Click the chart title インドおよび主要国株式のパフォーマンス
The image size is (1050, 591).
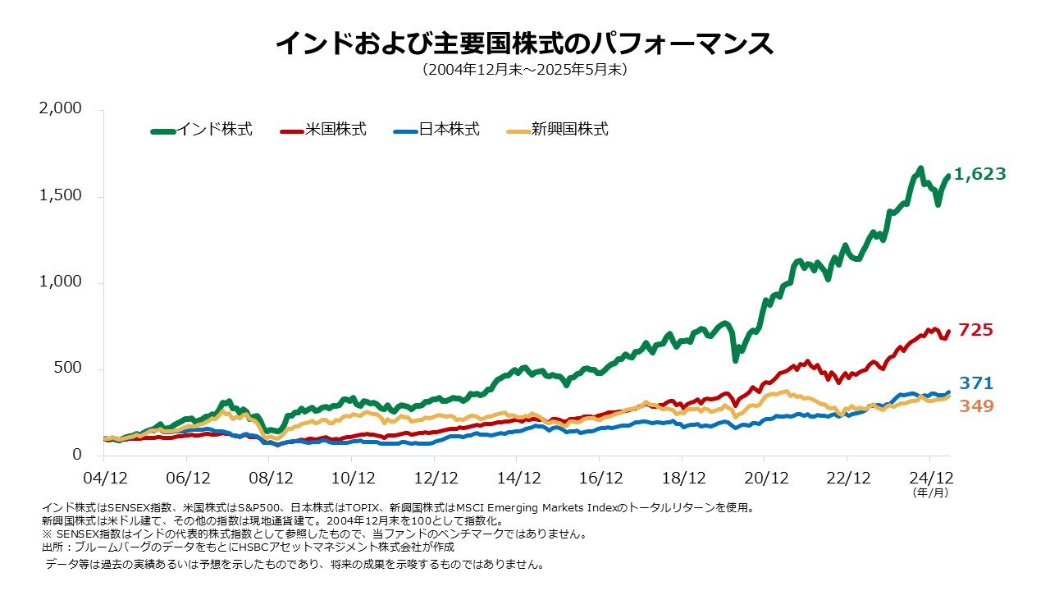pos(524,44)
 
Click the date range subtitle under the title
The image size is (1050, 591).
pos(524,71)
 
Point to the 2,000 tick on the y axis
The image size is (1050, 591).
pos(61,110)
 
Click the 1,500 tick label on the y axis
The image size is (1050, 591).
pos(61,196)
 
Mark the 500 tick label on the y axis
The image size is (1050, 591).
pos(67,369)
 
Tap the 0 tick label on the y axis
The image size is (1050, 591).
pos(77,455)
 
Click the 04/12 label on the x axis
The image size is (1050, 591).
pos(105,478)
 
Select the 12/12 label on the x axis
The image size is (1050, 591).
pos(436,478)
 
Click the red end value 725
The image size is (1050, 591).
pos(975,330)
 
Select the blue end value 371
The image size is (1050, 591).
pos(975,383)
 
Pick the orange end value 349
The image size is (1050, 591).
pos(975,406)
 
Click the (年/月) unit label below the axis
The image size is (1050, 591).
pos(930,493)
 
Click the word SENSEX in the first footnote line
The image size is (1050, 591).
pos(119,509)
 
